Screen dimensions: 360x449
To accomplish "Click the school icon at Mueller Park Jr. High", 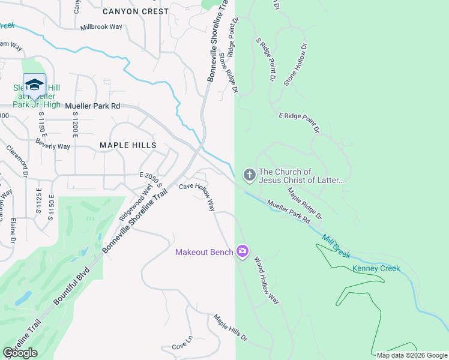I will click(x=34, y=85).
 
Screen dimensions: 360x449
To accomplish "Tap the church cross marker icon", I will click(x=249, y=175).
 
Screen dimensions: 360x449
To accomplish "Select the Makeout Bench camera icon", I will click(x=243, y=251).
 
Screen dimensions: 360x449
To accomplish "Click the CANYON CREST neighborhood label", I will click(x=136, y=11).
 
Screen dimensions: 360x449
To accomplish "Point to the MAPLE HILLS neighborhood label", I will click(x=128, y=145).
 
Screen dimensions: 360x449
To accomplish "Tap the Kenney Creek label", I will click(x=376, y=268).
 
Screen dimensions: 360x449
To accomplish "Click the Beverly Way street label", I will click(x=53, y=146).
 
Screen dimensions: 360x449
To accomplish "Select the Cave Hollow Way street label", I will click(x=197, y=197).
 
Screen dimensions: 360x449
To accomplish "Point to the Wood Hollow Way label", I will click(x=267, y=281).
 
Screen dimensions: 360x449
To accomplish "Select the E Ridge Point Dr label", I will click(x=298, y=122).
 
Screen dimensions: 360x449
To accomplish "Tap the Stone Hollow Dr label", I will click(x=295, y=64).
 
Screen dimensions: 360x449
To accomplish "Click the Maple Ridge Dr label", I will click(x=304, y=203).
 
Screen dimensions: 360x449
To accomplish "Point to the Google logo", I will click(x=20, y=353).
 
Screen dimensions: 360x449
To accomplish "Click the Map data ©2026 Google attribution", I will click(x=411, y=355).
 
